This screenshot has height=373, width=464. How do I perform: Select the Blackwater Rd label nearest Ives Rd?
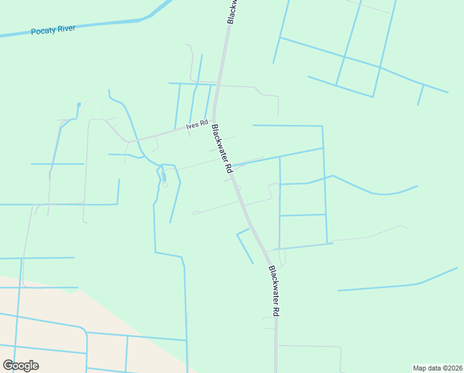pos(221,149)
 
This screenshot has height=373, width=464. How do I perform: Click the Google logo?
pos(20,366)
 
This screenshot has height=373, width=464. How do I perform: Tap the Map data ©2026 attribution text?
pos(437,367)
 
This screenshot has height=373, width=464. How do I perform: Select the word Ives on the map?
pos(191,127)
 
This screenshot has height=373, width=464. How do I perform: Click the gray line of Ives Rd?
pos(161,132)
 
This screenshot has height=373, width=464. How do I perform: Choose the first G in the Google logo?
pos(8,366)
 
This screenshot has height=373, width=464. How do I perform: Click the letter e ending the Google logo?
pos(35,366)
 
